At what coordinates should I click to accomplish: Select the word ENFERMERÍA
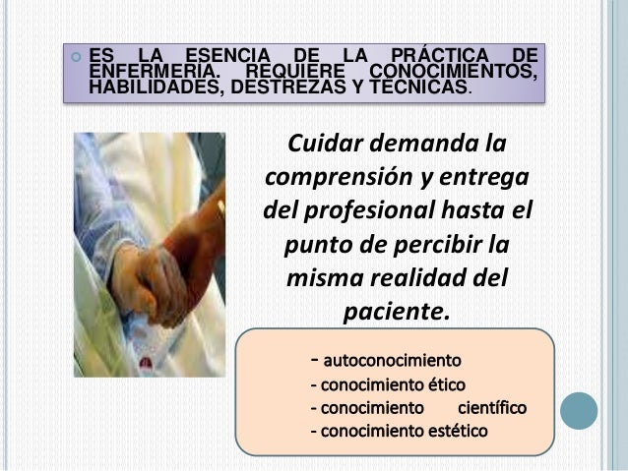coord(151,70)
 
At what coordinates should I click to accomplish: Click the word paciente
coord(394,312)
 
